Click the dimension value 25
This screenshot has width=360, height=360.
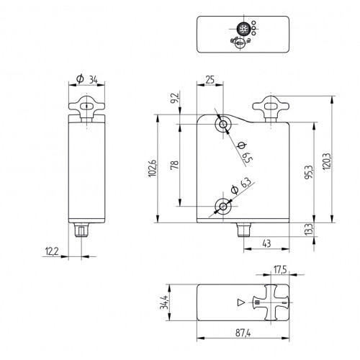(x=210, y=78)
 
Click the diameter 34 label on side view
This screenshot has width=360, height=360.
(x=88, y=79)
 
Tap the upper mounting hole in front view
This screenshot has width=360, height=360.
(x=223, y=125)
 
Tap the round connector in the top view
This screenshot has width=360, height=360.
(x=245, y=31)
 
